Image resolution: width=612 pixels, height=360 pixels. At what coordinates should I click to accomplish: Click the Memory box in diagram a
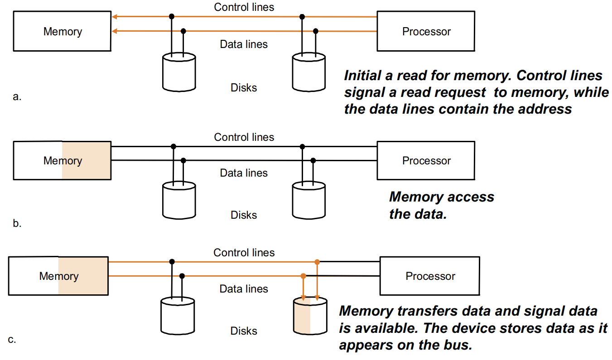tap(62, 31)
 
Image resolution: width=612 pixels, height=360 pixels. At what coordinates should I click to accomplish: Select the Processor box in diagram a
tap(426, 31)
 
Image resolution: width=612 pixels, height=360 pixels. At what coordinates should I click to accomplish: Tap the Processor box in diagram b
tap(426, 160)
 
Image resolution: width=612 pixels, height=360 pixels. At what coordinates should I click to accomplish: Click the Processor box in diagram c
tap(429, 276)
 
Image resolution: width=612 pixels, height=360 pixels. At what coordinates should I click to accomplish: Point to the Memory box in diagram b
tap(62, 160)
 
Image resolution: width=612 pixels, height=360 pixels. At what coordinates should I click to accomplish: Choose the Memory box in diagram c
tap(58, 276)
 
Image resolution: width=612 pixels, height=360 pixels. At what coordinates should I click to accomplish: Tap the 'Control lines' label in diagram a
tap(244, 7)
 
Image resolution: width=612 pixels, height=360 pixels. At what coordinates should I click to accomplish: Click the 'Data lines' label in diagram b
tap(244, 173)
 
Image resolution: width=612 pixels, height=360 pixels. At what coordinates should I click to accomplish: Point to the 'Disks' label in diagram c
tap(244, 331)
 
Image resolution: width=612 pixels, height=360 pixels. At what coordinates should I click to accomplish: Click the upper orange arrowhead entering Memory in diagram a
tap(115, 17)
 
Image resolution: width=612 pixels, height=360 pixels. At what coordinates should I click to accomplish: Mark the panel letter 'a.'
tap(17, 97)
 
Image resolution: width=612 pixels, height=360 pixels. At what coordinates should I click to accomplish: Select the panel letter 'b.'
tap(17, 223)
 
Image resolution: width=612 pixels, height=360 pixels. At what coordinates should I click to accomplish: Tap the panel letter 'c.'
tap(12, 340)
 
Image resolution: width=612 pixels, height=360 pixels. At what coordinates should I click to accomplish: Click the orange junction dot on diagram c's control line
tap(317, 262)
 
